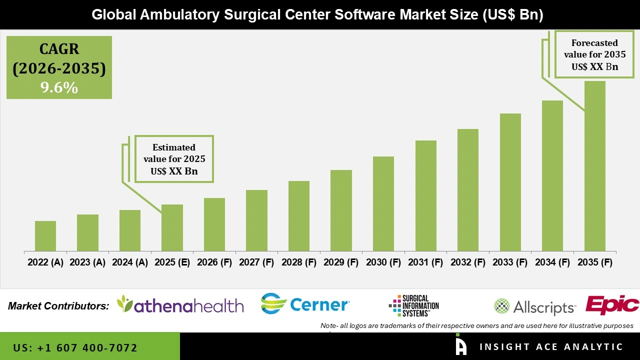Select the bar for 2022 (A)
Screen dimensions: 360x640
(x=45, y=236)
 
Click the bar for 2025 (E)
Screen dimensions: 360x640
(x=172, y=227)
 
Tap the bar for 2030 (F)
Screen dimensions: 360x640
(x=383, y=203)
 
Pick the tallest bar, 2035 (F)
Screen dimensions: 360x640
(x=594, y=166)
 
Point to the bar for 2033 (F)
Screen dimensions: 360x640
(x=510, y=182)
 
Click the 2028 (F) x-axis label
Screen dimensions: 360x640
(x=299, y=262)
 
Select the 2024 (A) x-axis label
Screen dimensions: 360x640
(x=130, y=262)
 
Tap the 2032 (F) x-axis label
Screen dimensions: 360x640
(x=468, y=262)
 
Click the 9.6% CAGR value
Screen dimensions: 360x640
(x=59, y=88)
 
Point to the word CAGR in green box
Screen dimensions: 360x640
(x=59, y=49)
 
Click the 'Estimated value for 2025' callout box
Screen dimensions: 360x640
(x=174, y=159)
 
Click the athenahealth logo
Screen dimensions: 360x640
(x=180, y=304)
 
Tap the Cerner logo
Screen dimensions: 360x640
(x=305, y=304)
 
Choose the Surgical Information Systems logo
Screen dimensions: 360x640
(x=414, y=305)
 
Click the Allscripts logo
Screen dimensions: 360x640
(x=534, y=306)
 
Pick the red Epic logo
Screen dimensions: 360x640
(x=612, y=305)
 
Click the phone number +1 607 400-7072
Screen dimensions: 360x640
(x=75, y=347)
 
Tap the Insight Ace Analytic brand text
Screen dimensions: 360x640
(x=551, y=347)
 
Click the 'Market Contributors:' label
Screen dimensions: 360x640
(x=58, y=306)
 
